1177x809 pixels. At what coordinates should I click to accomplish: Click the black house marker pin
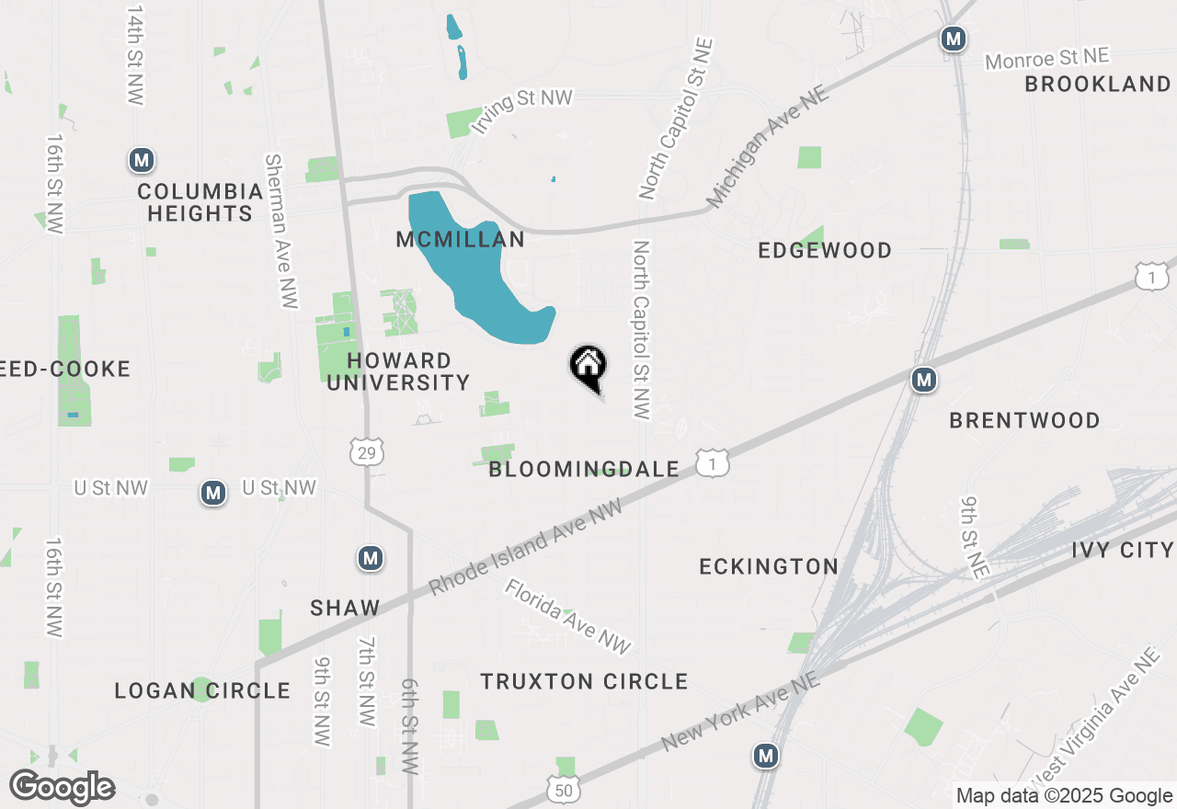pos(588,367)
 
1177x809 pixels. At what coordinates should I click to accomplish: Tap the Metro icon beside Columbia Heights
pos(141,160)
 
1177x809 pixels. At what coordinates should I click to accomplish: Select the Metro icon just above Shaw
pos(371,558)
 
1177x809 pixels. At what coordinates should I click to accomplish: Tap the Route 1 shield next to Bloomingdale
pos(713,463)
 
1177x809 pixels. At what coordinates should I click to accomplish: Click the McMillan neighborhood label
pos(460,240)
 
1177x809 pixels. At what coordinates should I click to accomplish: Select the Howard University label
pos(398,371)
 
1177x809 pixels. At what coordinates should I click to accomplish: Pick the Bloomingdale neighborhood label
pos(584,470)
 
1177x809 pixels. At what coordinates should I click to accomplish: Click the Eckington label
pos(769,566)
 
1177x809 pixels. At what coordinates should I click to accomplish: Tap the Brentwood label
pos(1024,421)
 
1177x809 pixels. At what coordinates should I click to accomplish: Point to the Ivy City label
pos(1123,551)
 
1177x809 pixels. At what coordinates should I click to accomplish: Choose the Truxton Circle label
pos(584,681)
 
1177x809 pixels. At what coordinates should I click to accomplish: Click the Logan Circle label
pos(202,690)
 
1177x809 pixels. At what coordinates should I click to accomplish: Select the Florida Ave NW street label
pos(568,617)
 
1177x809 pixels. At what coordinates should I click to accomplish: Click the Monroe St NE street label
pos(1047,59)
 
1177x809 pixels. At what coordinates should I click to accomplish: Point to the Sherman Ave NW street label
pos(280,231)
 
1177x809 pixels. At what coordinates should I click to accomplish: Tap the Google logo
pos(63,787)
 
